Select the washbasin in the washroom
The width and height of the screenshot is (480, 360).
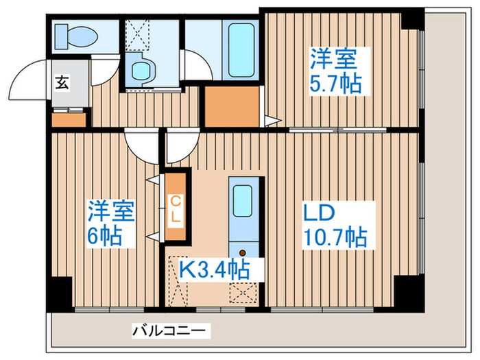click(142, 69)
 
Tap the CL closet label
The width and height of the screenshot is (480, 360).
click(176, 209)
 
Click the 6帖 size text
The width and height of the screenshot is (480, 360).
click(106, 237)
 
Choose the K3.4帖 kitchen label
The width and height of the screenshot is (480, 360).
click(214, 268)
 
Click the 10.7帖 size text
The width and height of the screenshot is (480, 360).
click(335, 237)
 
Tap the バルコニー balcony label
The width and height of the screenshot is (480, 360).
click(169, 331)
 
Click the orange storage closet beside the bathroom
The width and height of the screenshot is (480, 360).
click(232, 107)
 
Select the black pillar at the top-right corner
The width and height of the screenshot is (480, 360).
click(412, 19)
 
